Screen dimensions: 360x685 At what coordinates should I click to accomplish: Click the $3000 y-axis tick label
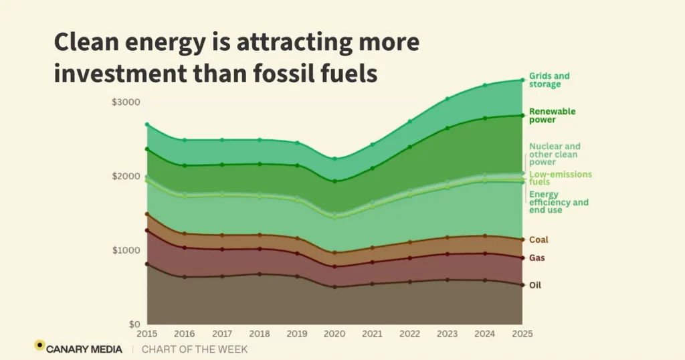tap(126, 102)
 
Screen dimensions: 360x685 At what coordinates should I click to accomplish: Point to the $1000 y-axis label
tap(126, 250)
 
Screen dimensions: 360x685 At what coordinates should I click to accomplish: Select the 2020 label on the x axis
tap(335, 333)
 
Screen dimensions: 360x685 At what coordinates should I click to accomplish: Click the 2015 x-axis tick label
tap(147, 333)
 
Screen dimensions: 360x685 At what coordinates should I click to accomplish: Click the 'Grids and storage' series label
tap(549, 80)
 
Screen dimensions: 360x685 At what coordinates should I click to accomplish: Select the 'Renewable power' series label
tap(552, 116)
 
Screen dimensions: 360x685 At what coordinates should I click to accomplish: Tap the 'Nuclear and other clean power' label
tap(555, 154)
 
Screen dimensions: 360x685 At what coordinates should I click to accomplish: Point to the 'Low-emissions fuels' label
tap(560, 178)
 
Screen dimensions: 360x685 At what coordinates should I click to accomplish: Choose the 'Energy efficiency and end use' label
tap(559, 202)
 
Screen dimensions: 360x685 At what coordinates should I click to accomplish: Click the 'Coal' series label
tap(539, 240)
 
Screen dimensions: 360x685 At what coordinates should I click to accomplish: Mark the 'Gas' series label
tap(537, 258)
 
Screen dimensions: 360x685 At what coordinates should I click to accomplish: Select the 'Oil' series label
tap(535, 285)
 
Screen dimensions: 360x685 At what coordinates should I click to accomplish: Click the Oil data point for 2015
tap(147, 264)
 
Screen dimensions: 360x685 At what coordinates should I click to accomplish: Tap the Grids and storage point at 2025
tap(522, 80)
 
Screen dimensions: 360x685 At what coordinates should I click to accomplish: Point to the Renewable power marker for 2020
tap(335, 181)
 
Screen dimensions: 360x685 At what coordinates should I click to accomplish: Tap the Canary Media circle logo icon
tap(39, 345)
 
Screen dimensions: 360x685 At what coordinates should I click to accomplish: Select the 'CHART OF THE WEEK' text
tap(195, 349)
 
